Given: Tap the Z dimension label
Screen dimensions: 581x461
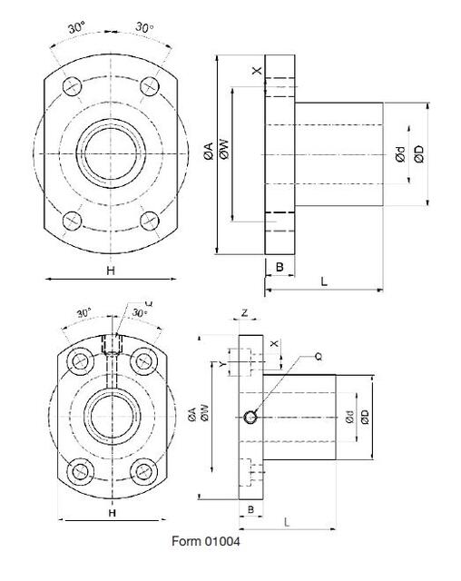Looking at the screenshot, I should (245, 313).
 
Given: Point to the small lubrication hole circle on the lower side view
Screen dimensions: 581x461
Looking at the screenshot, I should (250, 417).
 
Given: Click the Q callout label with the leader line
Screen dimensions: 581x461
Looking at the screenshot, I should (318, 356).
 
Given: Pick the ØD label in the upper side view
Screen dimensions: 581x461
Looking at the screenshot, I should (417, 154).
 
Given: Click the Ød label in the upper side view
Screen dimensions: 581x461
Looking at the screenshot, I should (399, 155).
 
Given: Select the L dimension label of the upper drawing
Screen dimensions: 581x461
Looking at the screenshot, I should (324, 282).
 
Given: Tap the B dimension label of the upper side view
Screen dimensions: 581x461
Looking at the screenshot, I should (280, 267).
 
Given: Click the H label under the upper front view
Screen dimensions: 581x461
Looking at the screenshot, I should (110, 271).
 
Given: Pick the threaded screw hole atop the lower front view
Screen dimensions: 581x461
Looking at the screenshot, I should (113, 346).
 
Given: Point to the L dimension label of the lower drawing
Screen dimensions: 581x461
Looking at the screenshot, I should (287, 523).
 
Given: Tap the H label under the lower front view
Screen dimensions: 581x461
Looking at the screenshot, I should (112, 513).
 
